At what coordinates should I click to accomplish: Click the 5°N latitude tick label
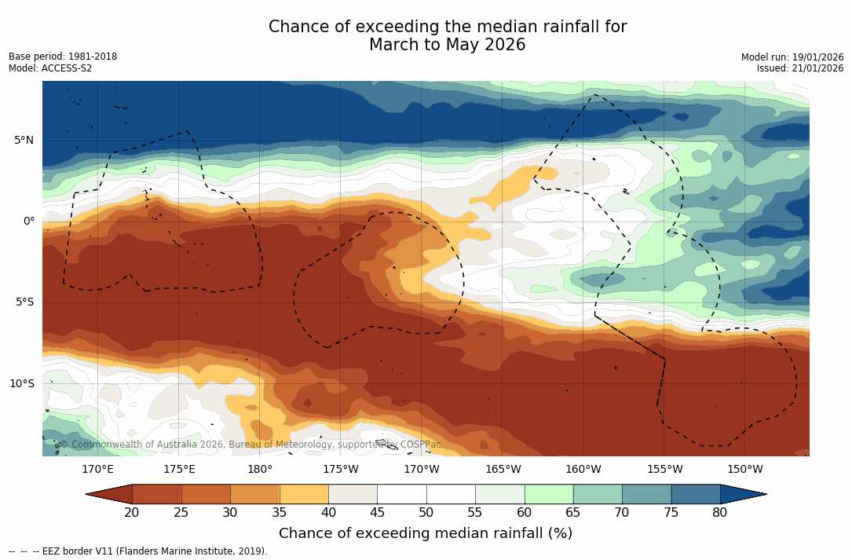24,141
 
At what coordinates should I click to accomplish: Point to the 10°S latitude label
22,384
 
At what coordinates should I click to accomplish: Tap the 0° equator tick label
29,221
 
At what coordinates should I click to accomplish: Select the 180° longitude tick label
259,470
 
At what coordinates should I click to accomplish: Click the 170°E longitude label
97,470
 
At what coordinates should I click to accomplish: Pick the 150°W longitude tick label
744,470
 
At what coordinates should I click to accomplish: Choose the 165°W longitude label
503,470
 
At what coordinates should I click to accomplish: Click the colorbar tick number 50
426,513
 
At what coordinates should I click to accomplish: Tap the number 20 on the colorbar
132,513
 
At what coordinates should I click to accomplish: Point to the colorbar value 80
720,513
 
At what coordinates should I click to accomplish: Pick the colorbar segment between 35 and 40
304,494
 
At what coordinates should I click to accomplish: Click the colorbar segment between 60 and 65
549,494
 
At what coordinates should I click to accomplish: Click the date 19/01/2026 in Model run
817,57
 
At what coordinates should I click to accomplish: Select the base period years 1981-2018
93,57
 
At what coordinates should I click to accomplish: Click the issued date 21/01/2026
817,68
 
